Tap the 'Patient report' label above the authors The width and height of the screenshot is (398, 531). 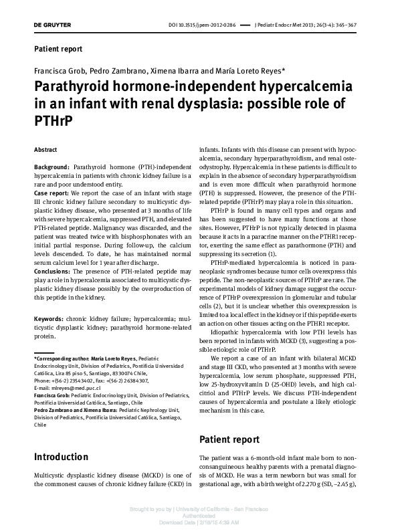click(58, 49)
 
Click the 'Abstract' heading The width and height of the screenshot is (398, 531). click(45, 150)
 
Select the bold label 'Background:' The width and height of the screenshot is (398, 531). click(52, 166)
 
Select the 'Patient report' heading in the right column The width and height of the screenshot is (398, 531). click(230, 421)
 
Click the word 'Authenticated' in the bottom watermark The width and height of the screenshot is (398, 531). click(199, 516)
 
